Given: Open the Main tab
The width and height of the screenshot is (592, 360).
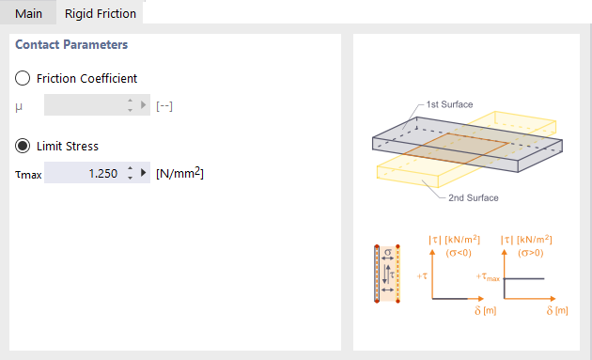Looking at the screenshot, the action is (x=28, y=13).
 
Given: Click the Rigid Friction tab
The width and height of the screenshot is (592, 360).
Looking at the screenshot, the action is (x=100, y=13).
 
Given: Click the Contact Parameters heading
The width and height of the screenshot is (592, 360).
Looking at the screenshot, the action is (x=71, y=44).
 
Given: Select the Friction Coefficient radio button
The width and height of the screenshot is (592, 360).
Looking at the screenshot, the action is (x=23, y=78).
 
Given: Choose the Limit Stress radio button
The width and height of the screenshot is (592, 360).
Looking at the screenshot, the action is (x=23, y=146).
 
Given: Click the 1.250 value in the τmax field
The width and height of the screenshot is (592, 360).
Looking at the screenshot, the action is (x=103, y=173).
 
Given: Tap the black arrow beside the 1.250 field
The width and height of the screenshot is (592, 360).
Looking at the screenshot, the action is (x=144, y=173).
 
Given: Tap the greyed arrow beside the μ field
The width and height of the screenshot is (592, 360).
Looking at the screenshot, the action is (x=144, y=104).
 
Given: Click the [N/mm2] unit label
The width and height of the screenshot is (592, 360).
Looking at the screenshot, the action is (x=179, y=173).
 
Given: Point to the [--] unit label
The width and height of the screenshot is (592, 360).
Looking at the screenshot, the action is (x=164, y=106).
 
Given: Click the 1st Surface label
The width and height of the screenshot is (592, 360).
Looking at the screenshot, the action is (x=449, y=104).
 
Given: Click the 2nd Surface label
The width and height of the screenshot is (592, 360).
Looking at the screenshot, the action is (x=473, y=197).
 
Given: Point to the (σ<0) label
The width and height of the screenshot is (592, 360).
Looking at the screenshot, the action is (x=459, y=253).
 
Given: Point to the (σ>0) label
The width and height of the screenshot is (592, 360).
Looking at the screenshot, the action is (x=531, y=253).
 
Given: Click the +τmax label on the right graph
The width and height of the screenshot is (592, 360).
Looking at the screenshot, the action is (x=488, y=277).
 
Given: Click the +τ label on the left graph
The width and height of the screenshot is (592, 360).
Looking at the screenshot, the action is (x=422, y=276).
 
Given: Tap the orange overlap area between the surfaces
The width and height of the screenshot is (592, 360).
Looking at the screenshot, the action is (x=458, y=149).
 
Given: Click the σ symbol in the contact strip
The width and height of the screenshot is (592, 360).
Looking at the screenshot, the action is (x=388, y=252).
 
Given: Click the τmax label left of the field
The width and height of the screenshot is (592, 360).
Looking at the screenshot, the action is (x=28, y=175).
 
